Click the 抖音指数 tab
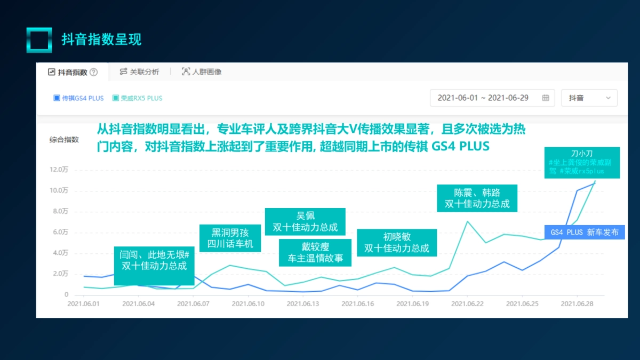(x=72, y=72)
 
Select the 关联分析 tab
(x=139, y=72)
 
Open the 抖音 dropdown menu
(x=589, y=98)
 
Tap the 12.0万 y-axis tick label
(x=58, y=170)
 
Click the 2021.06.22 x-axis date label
(x=467, y=303)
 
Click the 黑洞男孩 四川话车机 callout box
(x=230, y=238)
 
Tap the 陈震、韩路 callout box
(x=477, y=198)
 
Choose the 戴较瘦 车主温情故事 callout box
(x=315, y=253)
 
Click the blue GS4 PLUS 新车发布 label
(x=585, y=233)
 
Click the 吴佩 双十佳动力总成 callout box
(x=305, y=221)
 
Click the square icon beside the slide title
(x=39, y=40)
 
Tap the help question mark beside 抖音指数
(x=94, y=72)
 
